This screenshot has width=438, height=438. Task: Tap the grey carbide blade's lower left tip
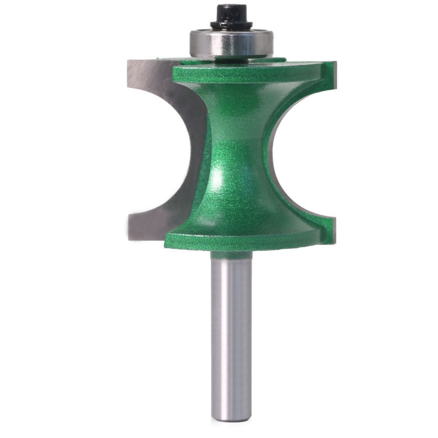click(x=130, y=235)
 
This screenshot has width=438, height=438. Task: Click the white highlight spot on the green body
click(x=219, y=175)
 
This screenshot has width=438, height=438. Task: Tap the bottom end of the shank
click(x=231, y=417)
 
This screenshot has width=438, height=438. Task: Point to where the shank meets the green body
click(x=231, y=253)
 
